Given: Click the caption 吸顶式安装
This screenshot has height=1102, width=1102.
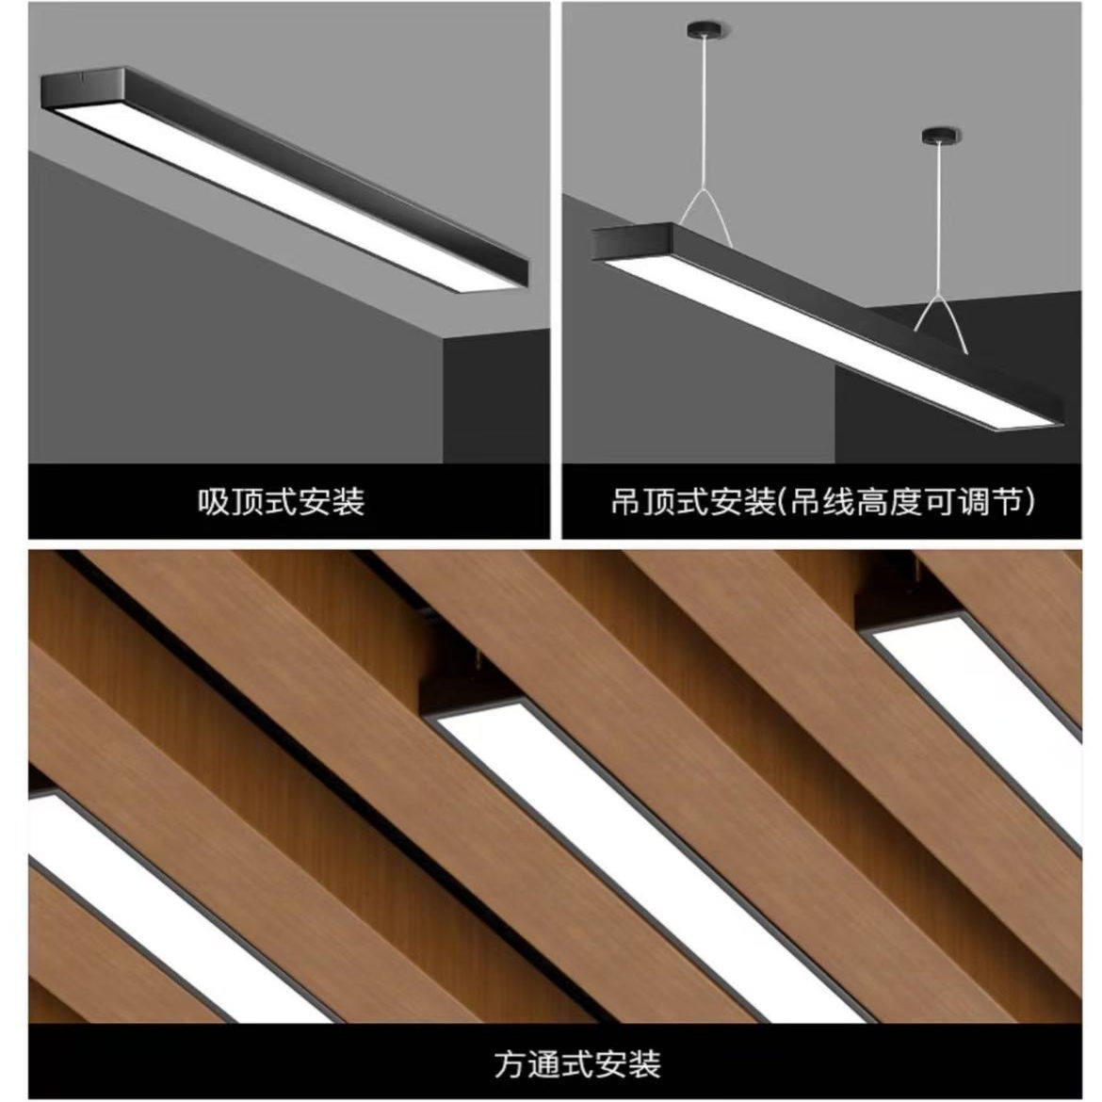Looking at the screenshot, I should [x=281, y=501].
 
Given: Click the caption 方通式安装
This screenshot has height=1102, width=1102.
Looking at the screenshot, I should [x=577, y=1063].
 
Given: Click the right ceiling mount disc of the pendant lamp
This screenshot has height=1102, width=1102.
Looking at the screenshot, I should [x=941, y=137].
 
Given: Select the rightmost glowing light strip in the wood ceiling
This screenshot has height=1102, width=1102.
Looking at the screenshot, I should [x=989, y=697].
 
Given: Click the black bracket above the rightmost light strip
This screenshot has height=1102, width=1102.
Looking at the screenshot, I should [x=890, y=603].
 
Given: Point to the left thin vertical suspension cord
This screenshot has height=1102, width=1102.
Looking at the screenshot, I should [x=705, y=113].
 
